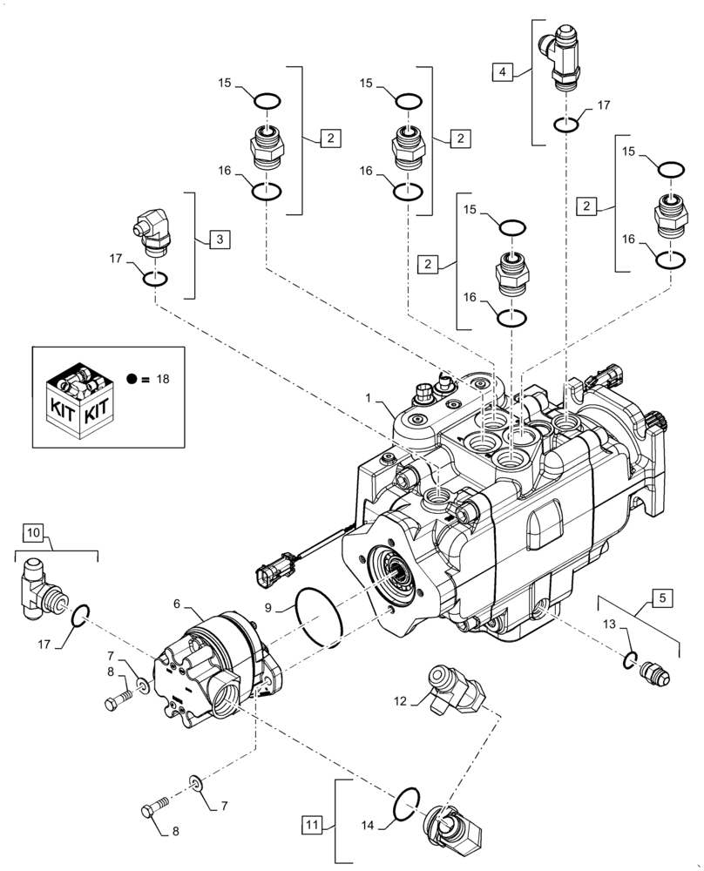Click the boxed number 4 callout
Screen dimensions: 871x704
click(502, 73)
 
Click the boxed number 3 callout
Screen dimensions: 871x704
click(220, 238)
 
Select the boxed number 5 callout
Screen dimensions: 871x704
click(663, 598)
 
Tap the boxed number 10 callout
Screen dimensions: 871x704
click(32, 531)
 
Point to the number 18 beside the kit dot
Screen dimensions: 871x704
click(161, 379)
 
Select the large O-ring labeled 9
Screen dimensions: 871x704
click(322, 617)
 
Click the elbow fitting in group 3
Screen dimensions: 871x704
click(150, 232)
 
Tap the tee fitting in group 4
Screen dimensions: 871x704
click(564, 59)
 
